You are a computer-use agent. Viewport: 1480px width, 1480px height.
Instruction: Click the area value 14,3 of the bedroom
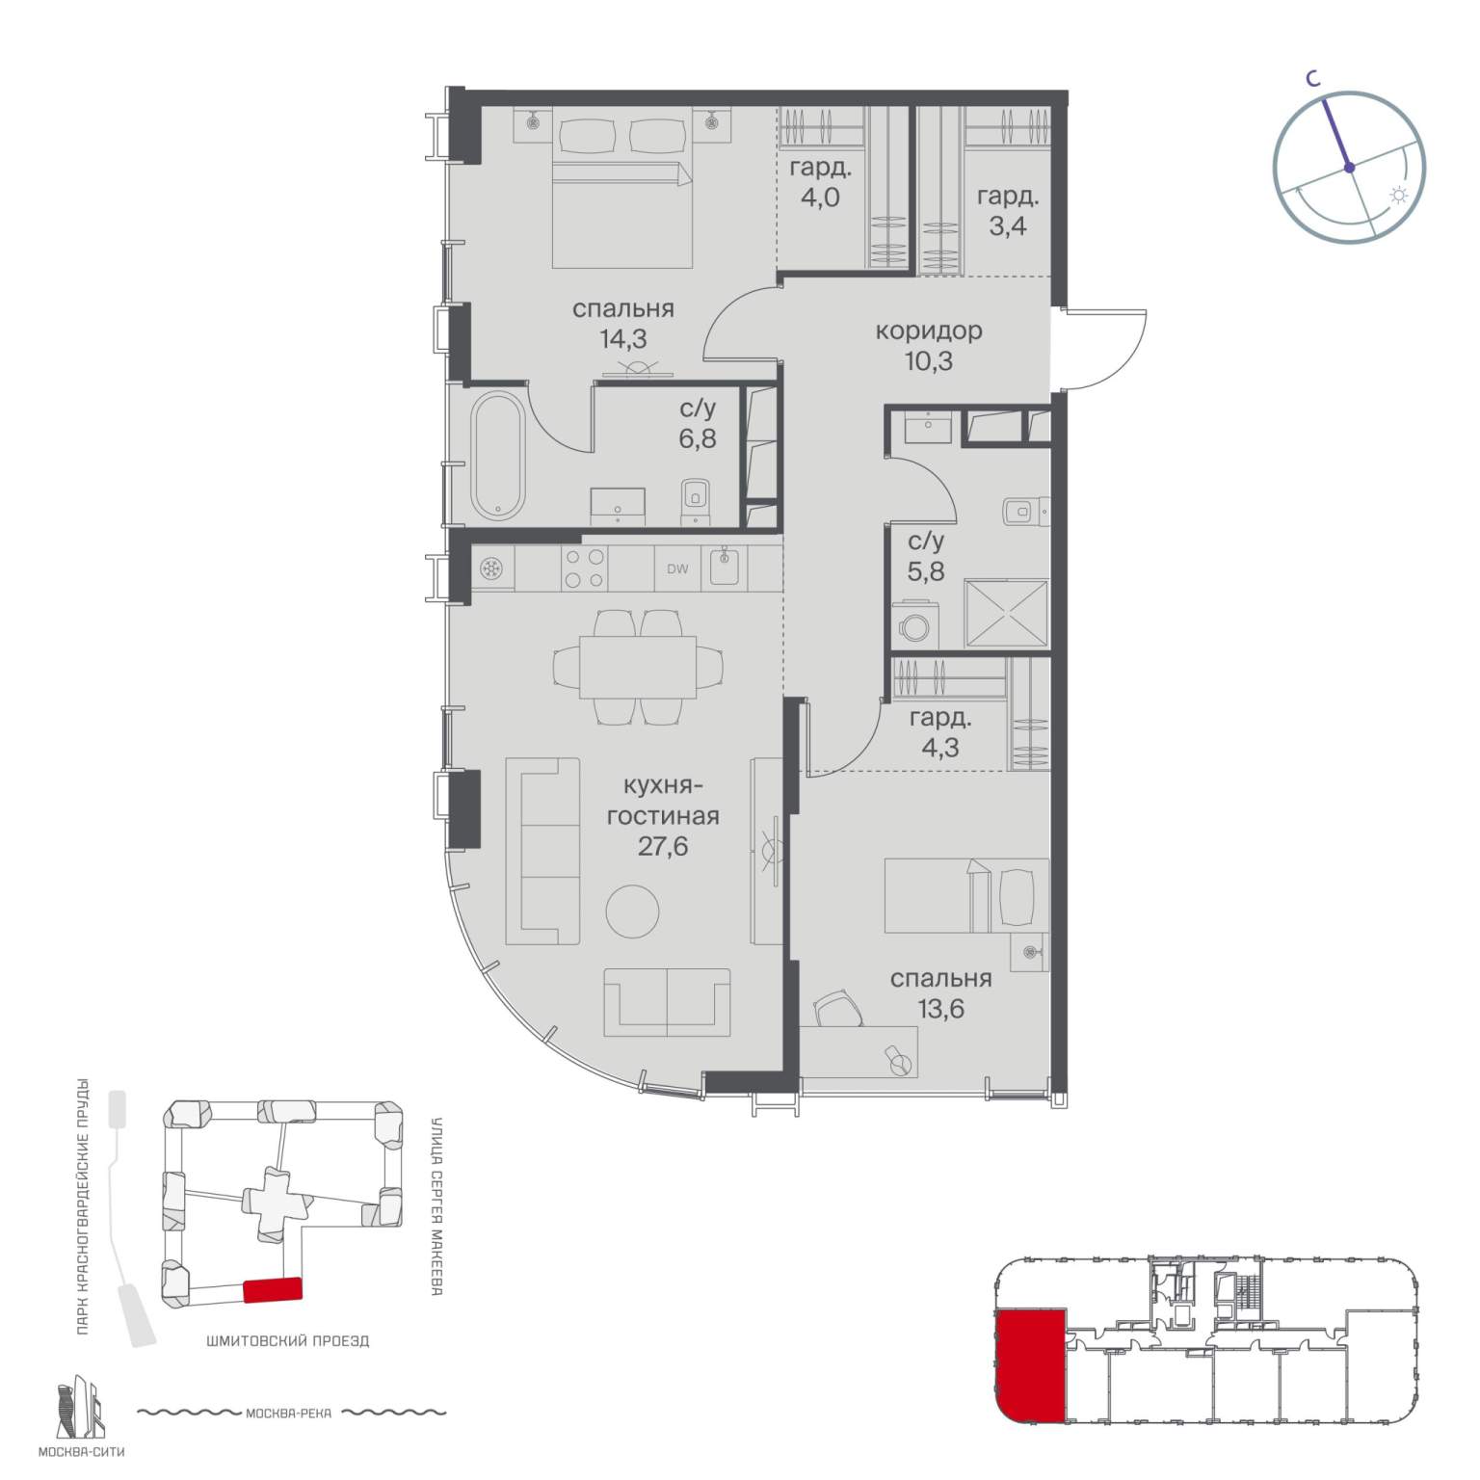[x=622, y=339]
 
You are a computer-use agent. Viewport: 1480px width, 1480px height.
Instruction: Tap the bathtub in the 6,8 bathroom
[x=497, y=457]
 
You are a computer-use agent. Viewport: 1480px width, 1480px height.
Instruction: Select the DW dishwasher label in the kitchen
[x=677, y=568]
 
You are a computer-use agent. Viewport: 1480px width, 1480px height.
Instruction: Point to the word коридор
[x=929, y=331]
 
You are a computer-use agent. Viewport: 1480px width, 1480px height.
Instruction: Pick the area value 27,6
[x=662, y=847]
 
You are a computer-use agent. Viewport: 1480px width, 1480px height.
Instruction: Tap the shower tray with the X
[x=1006, y=613]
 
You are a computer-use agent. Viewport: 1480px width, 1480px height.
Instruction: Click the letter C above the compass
[x=1312, y=82]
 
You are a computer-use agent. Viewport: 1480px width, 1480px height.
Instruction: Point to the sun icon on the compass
[x=1397, y=197]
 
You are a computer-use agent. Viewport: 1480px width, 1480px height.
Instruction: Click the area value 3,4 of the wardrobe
[x=1007, y=232]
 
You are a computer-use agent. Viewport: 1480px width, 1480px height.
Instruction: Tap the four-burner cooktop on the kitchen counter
[x=584, y=568]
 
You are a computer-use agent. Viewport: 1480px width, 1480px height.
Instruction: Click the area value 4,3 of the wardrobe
[x=939, y=748]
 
